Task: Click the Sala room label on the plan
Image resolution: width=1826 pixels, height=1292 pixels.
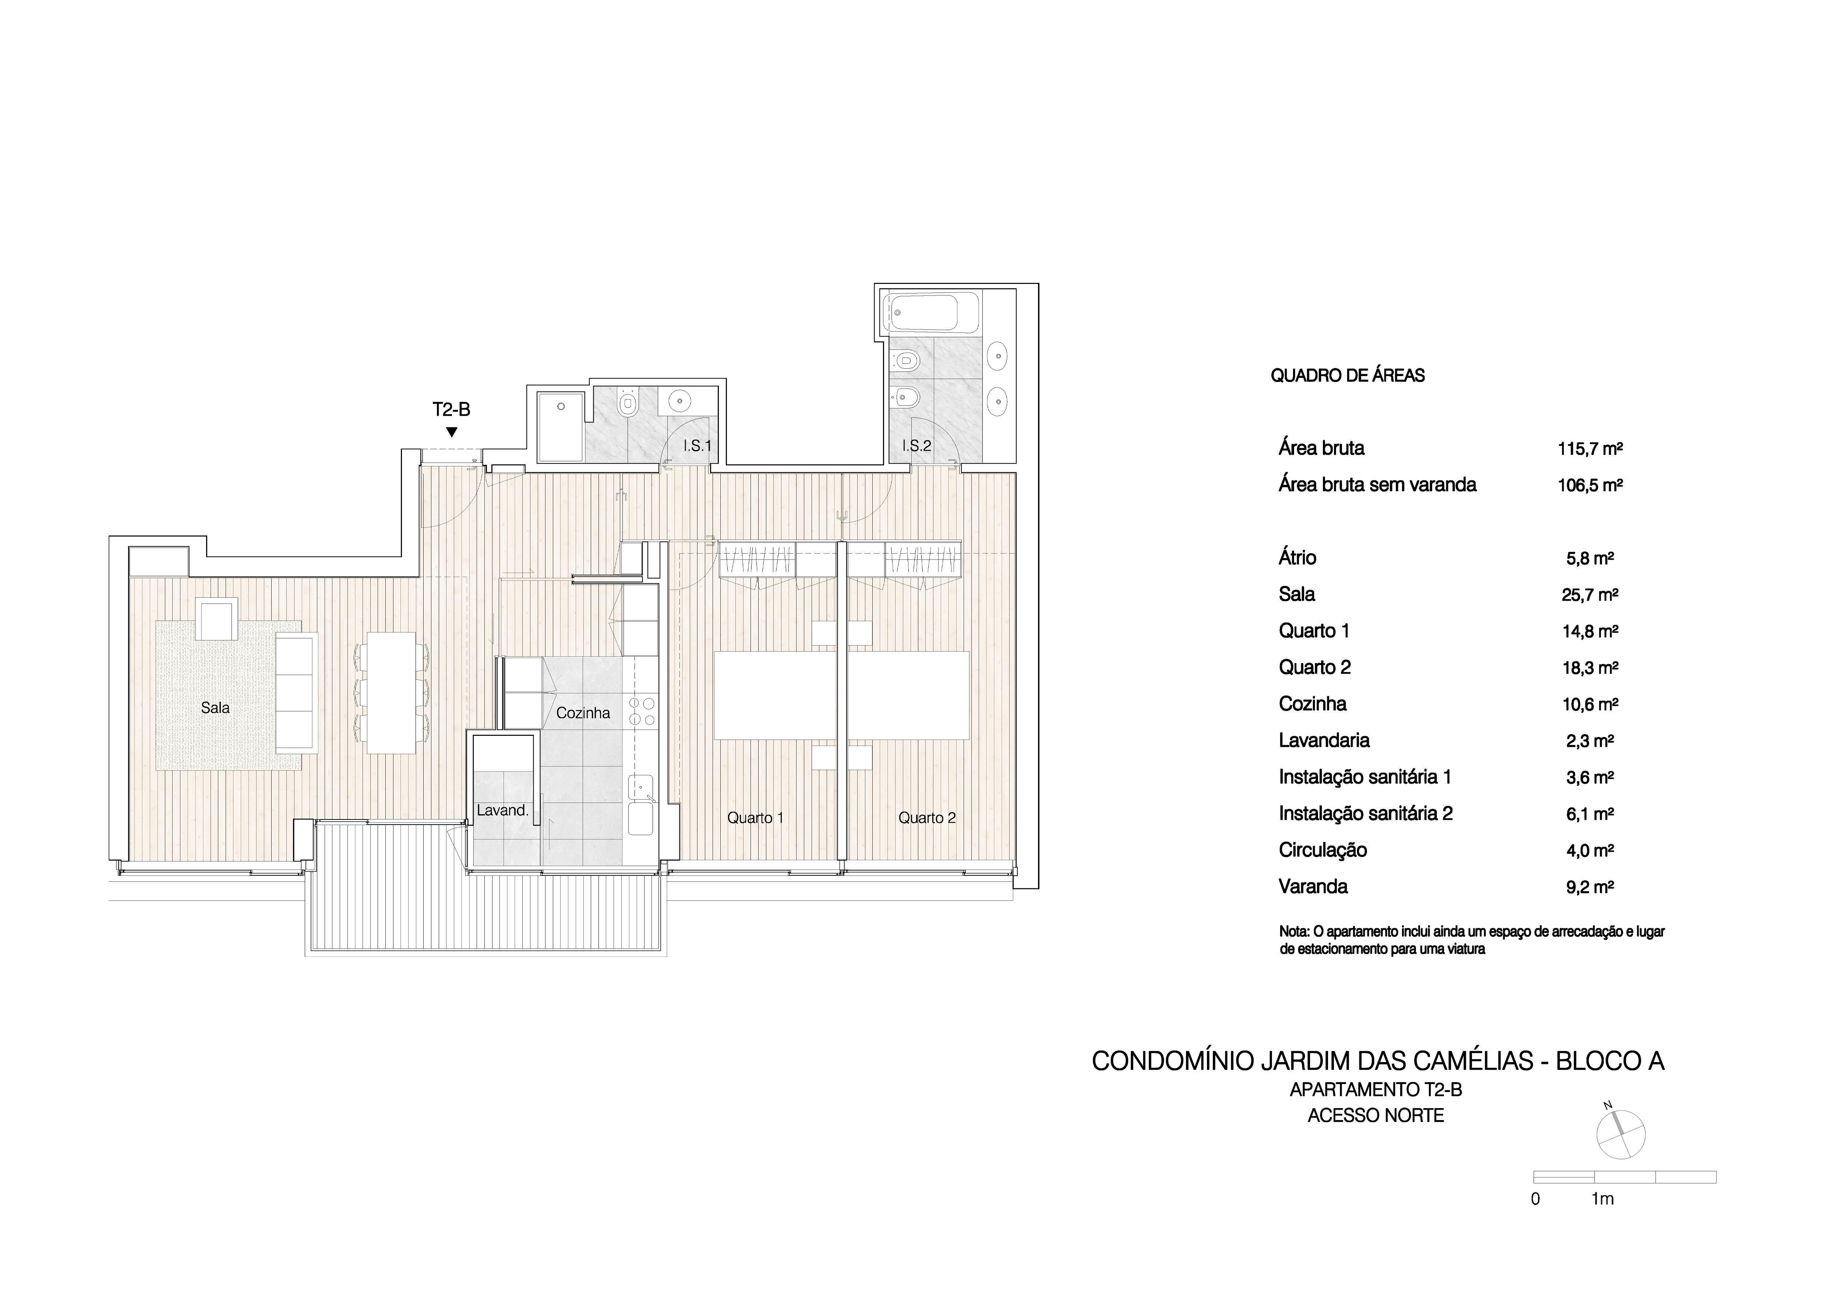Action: pyautogui.click(x=216, y=707)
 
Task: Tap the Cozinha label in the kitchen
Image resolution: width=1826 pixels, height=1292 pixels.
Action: pyautogui.click(x=583, y=713)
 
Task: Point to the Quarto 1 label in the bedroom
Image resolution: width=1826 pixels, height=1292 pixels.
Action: pyautogui.click(x=756, y=818)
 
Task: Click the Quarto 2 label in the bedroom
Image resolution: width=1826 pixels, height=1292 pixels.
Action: pyautogui.click(x=927, y=818)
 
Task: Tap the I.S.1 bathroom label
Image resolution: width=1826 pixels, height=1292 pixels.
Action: pyautogui.click(x=697, y=446)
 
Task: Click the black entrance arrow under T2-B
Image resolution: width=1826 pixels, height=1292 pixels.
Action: pyautogui.click(x=452, y=432)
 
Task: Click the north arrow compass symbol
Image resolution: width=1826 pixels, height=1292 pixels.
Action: pyautogui.click(x=1620, y=1134)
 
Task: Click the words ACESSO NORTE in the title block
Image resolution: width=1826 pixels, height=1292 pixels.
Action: pyautogui.click(x=1376, y=1115)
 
